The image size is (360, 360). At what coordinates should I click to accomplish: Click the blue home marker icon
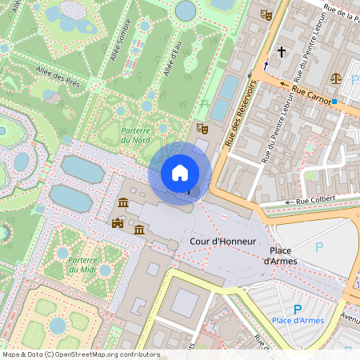tap(180, 173)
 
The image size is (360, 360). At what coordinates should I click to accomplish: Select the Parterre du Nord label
tap(136, 135)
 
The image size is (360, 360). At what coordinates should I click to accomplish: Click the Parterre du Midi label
tap(82, 264)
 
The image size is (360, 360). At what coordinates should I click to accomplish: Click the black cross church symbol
tap(281, 52)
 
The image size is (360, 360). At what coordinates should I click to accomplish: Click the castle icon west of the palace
tap(118, 223)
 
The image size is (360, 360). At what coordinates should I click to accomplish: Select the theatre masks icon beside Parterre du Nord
tap(202, 128)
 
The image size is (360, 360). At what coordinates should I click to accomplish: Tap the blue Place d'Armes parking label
tap(298, 321)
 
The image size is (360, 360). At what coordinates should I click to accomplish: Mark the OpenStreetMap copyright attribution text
tap(80, 354)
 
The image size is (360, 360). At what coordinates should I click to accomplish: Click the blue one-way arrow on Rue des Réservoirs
tap(266, 64)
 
